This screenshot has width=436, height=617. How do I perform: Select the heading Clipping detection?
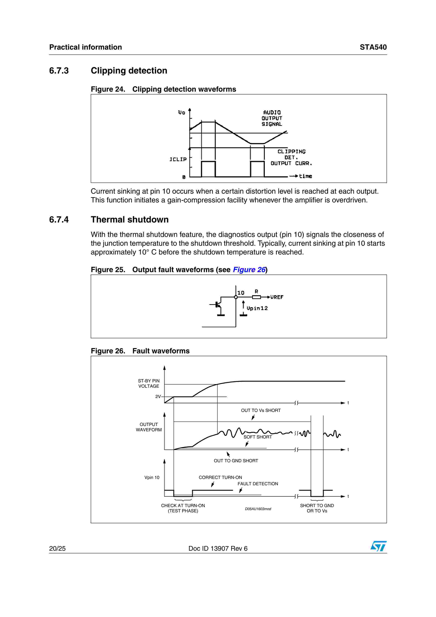pyautogui.click(x=129, y=71)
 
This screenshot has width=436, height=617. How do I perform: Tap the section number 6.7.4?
pyautogui.click(x=59, y=220)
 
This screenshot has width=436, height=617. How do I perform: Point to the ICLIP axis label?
pyautogui.click(x=178, y=159)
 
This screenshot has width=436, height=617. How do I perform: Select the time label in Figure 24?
pyautogui.click(x=305, y=176)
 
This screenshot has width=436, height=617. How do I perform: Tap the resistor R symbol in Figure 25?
pyautogui.click(x=256, y=297)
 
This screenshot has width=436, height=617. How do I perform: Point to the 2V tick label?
pyautogui.click(x=158, y=396)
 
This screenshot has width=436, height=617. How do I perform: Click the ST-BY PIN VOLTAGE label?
pyautogui.click(x=149, y=383)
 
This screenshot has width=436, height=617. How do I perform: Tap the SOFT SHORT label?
pyautogui.click(x=258, y=437)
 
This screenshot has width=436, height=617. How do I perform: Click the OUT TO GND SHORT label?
pyautogui.click(x=236, y=461)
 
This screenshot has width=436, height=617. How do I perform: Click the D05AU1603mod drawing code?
pyautogui.click(x=258, y=509)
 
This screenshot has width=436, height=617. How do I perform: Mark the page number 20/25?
pyautogui.click(x=57, y=548)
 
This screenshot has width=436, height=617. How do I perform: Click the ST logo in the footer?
pyautogui.click(x=378, y=546)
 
